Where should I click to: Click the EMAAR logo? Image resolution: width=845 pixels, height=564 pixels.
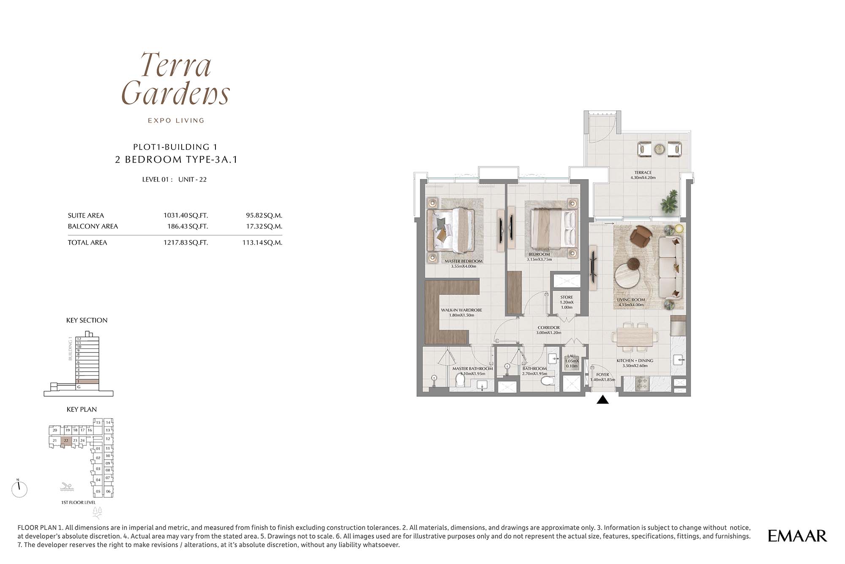pyautogui.click(x=797, y=536)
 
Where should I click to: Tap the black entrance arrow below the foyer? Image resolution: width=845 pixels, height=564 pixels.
pyautogui.click(x=602, y=399)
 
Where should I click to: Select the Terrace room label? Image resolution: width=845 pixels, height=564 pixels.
pyautogui.click(x=643, y=175)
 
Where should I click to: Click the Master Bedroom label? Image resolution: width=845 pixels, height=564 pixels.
pyautogui.click(x=463, y=264)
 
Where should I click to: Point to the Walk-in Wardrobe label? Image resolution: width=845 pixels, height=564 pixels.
pyautogui.click(x=461, y=313)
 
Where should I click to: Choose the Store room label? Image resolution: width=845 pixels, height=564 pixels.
pyautogui.click(x=567, y=302)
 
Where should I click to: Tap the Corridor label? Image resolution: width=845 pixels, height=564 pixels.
pyautogui.click(x=549, y=330)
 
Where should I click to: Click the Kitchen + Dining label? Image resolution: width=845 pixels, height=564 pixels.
pyautogui.click(x=635, y=363)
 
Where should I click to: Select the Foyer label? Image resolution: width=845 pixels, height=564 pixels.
pyautogui.click(x=602, y=377)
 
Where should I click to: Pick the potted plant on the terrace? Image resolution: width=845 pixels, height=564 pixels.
pyautogui.click(x=668, y=202)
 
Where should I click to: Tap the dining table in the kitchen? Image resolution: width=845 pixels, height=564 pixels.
pyautogui.click(x=635, y=336)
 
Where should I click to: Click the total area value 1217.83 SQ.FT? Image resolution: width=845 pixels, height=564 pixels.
pyautogui.click(x=185, y=242)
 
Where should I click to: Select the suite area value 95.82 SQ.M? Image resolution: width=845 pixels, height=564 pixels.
pyautogui.click(x=264, y=215)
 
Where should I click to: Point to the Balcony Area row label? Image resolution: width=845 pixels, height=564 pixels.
pyautogui.click(x=93, y=226)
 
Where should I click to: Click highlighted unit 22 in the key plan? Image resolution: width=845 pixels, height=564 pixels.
pyautogui.click(x=66, y=441)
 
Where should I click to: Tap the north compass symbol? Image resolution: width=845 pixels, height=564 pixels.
pyautogui.click(x=19, y=489)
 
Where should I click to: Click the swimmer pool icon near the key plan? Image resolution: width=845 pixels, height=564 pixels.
pyautogui.click(x=67, y=487)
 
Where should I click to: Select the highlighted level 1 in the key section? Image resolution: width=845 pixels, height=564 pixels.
pyautogui.click(x=87, y=381)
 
